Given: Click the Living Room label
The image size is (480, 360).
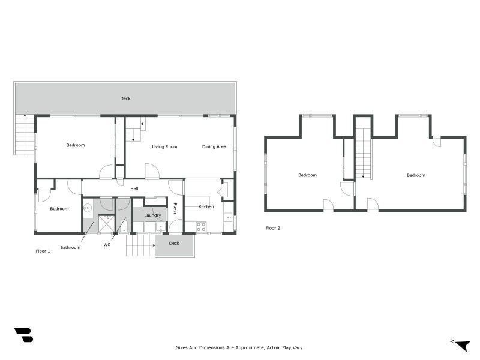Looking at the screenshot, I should (x=164, y=146).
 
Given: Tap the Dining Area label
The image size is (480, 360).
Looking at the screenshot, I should (x=214, y=146).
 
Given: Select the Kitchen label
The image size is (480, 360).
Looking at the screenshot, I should (x=206, y=206).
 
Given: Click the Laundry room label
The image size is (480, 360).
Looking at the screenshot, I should (x=152, y=215).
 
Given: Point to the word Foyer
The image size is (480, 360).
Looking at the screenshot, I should (x=175, y=209).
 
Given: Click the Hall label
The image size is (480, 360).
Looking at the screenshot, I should (x=134, y=188).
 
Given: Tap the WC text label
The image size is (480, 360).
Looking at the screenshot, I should (x=107, y=244).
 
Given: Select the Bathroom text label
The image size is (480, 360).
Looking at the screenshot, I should (x=70, y=247).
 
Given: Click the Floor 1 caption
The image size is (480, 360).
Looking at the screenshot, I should (x=43, y=251).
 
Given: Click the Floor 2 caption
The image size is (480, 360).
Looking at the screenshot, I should (x=273, y=228).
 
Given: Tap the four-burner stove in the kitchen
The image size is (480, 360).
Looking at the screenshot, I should (x=202, y=227).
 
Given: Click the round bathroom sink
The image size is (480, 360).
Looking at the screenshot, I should (x=87, y=208).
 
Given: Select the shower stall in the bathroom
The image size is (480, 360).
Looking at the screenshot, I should (x=106, y=223).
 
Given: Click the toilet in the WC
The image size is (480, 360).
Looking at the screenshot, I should (x=123, y=227).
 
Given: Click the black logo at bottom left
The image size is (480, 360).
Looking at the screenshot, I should (x=23, y=335).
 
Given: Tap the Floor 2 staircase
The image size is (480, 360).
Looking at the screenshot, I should (x=363, y=154).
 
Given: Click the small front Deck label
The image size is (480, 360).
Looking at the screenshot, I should (x=174, y=243).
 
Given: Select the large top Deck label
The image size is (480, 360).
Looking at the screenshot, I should (x=125, y=98).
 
